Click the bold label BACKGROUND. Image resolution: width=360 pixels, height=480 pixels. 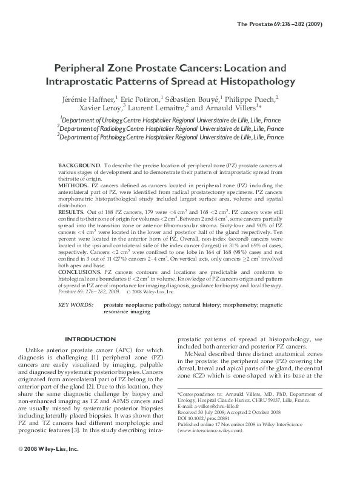click(x=79, y=165)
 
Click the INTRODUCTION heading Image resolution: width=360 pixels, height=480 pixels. click(x=90, y=339)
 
